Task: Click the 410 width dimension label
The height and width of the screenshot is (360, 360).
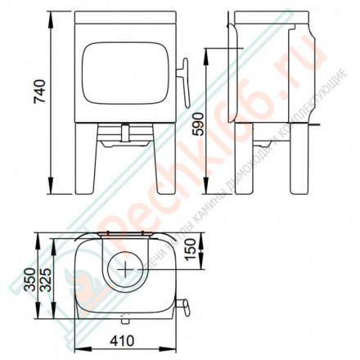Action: tap(124, 344)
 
